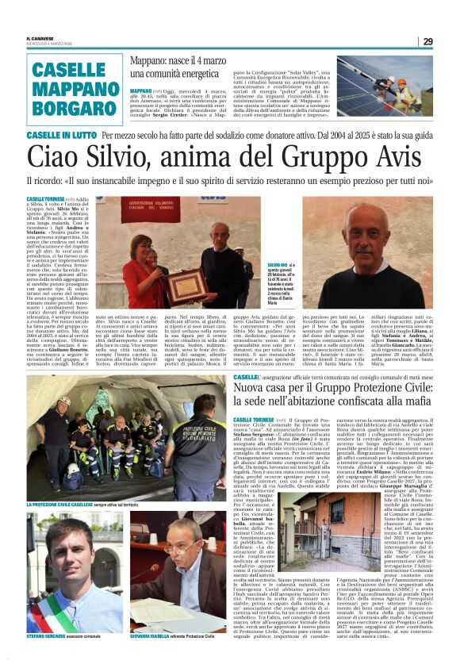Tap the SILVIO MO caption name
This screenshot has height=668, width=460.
[279, 264]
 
